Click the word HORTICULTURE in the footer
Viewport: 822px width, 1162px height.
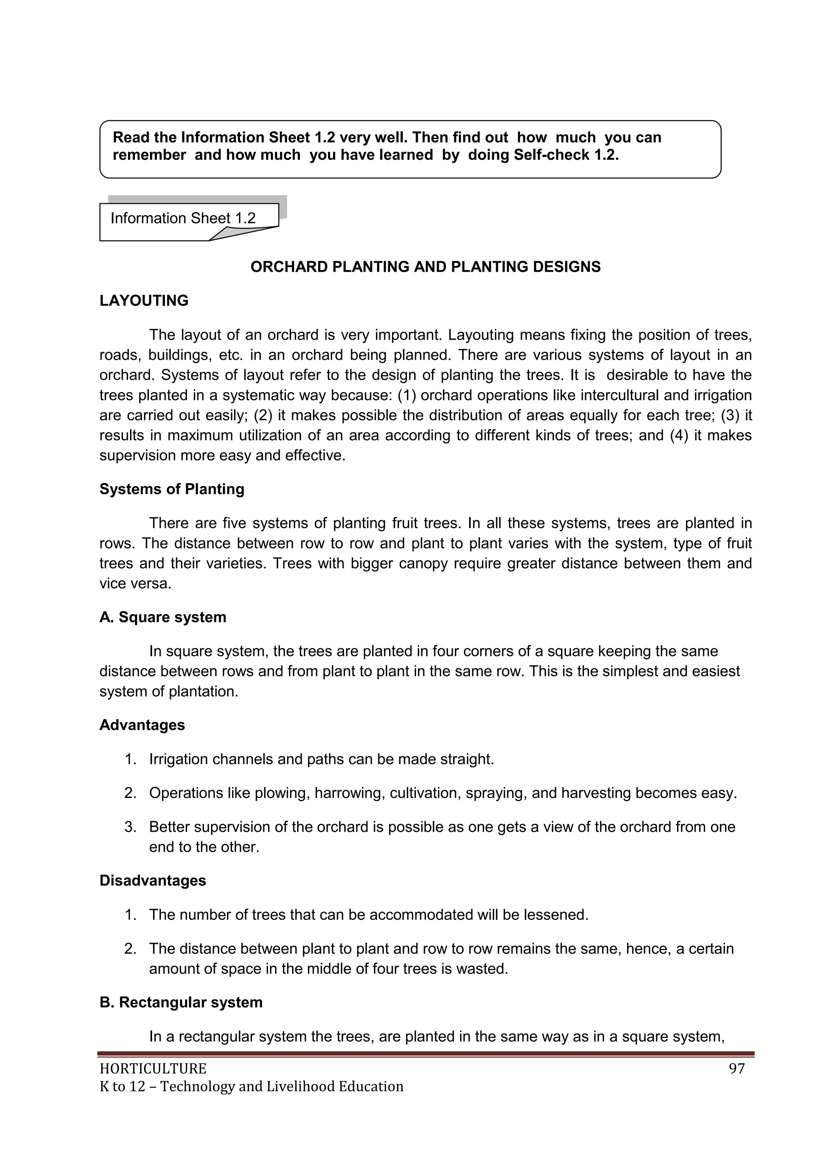pos(153,1069)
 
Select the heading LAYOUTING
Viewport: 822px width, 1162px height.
pos(144,301)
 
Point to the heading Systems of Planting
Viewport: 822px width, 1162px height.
pos(172,489)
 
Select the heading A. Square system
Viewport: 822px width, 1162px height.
pos(163,617)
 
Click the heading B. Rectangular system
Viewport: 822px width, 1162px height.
pos(181,1002)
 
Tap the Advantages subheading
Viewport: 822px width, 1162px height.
pos(142,725)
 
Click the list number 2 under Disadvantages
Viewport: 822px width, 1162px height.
pos(130,948)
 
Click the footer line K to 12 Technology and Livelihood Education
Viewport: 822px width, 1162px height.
pos(252,1087)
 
